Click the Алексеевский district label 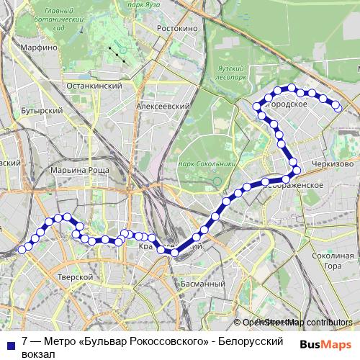click(x=163, y=105)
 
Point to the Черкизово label click(x=333, y=164)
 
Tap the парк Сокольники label click(x=207, y=164)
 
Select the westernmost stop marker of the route click(x=22, y=249)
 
